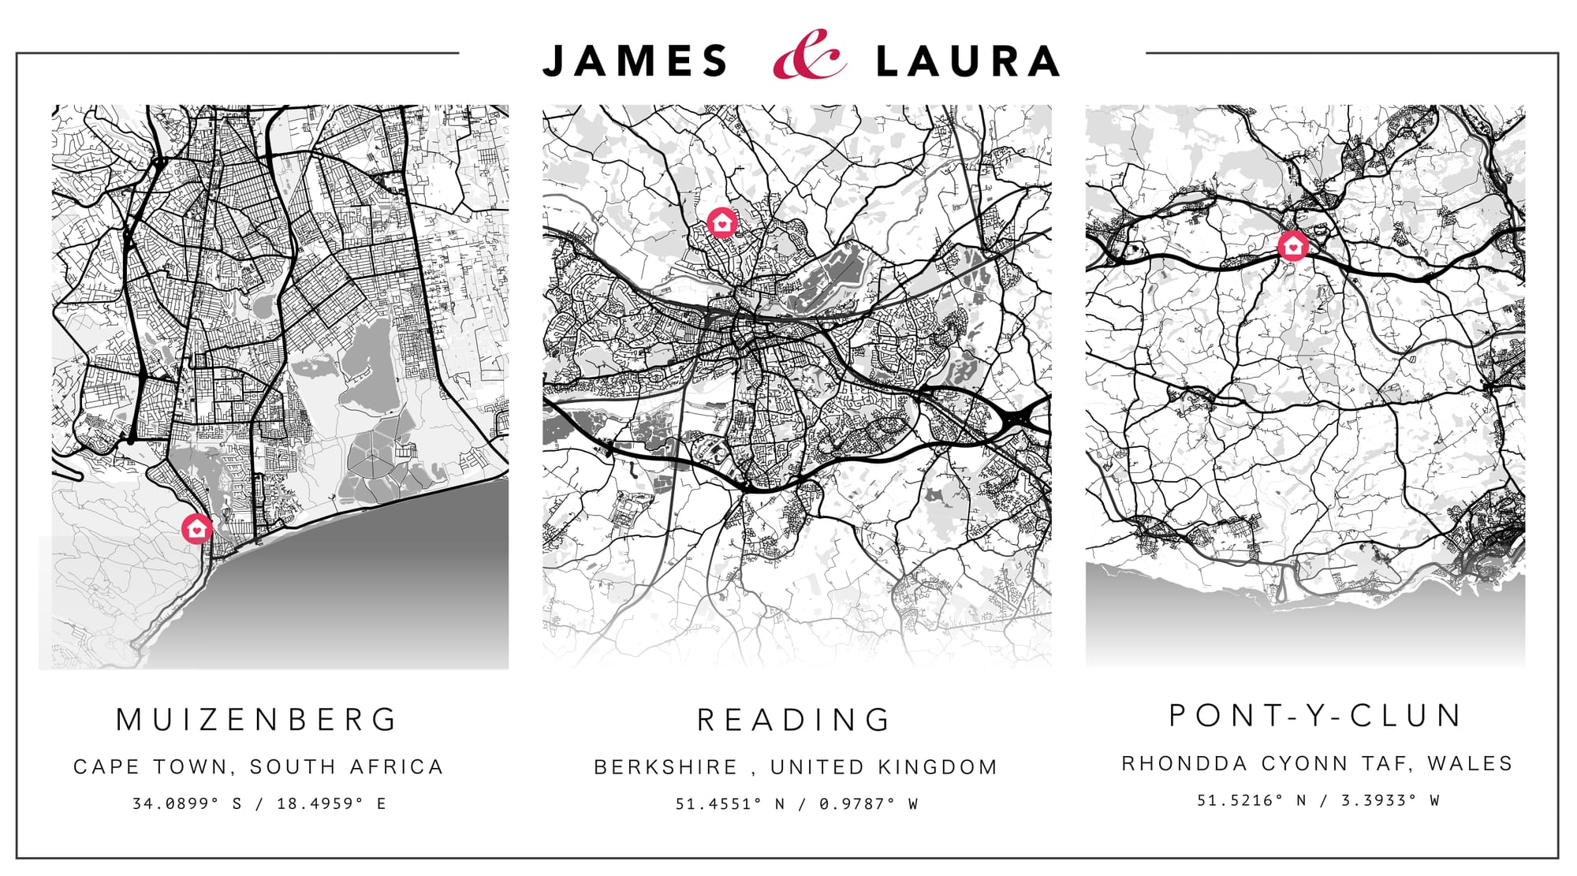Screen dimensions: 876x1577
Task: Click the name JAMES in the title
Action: pos(636,62)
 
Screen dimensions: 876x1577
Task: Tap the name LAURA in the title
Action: pos(968,62)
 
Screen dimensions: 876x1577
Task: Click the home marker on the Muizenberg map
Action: pos(196,528)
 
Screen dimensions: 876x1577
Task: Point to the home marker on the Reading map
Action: pos(721,223)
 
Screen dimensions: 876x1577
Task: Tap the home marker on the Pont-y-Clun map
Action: pos(1292,246)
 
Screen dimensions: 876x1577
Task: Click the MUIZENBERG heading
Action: pos(258,719)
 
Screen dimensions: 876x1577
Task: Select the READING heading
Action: pos(795,719)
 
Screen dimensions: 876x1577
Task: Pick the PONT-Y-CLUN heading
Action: pos(1316,715)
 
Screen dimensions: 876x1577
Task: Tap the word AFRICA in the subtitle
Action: pos(397,766)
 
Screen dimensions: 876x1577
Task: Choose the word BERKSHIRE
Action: pos(666,767)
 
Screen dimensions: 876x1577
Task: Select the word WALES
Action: pos(1470,763)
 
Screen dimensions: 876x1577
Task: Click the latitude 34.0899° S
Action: pos(187,803)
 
